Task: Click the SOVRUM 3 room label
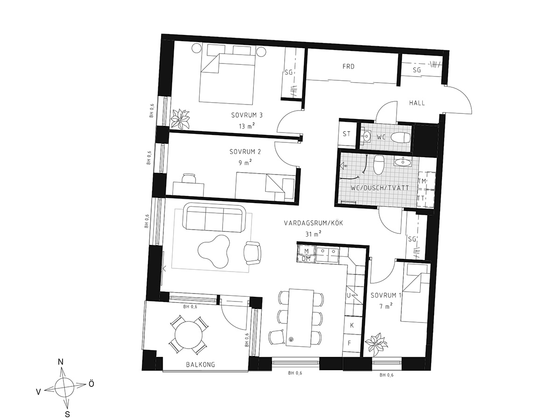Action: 247,115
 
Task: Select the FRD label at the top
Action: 349,67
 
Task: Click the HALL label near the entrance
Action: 417,103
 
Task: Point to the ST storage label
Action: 346,134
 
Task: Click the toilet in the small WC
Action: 400,138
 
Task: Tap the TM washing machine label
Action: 422,181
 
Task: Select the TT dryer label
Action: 421,198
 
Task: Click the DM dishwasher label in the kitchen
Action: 306,259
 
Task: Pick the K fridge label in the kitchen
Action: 352,325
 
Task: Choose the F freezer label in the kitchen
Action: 350,343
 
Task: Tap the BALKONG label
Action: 201,364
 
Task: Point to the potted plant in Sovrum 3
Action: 181,119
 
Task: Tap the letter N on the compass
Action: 61,362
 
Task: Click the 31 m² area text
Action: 313,234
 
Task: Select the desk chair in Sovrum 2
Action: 189,178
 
